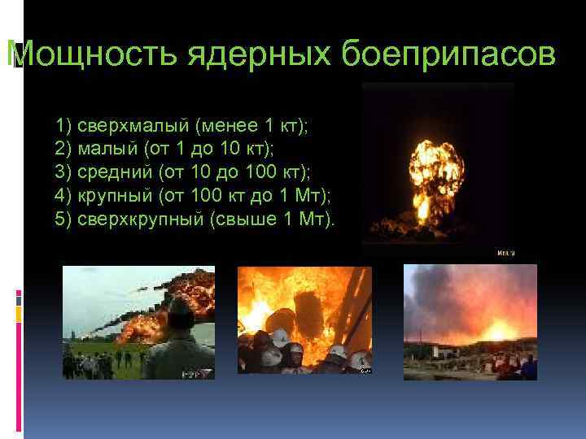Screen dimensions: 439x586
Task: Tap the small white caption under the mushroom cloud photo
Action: coord(505,254)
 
